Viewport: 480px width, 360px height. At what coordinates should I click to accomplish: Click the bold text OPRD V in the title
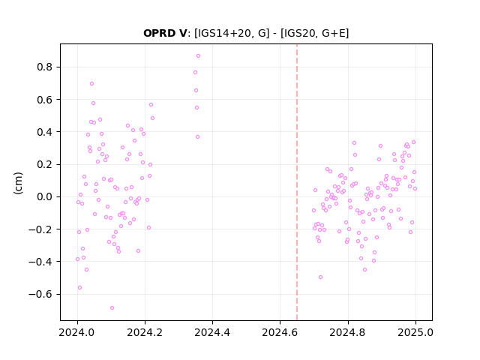click(165, 33)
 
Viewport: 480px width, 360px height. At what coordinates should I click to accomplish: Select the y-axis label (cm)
click(18, 183)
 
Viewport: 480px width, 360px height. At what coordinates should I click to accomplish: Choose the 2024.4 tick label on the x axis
click(212, 332)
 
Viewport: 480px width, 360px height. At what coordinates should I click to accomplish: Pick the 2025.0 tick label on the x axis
click(415, 332)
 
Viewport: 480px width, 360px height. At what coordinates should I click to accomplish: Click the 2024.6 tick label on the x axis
click(280, 332)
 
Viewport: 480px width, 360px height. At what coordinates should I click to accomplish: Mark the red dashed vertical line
click(297, 182)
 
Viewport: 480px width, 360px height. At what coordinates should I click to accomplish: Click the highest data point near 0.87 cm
click(198, 56)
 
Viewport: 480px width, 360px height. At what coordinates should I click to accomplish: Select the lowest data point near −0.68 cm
click(112, 308)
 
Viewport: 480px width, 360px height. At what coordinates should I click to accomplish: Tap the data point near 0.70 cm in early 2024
click(91, 83)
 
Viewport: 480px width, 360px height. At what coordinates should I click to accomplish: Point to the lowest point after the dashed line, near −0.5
click(320, 277)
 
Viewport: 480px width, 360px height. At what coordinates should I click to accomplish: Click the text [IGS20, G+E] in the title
click(315, 33)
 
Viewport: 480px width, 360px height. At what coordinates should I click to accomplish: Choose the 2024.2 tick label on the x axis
click(145, 332)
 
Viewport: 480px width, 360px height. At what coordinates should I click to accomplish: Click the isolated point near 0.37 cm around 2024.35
click(198, 137)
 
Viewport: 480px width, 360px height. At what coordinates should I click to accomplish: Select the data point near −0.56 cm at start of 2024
click(80, 288)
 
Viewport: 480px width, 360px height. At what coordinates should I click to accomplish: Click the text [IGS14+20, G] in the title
click(232, 33)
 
